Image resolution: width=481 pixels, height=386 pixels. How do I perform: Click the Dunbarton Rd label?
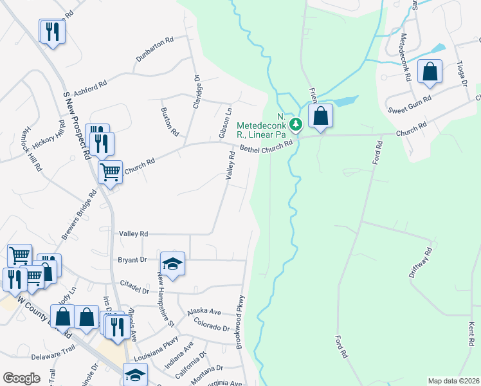pos(155,50)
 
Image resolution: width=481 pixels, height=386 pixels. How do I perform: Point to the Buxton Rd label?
pos(170,122)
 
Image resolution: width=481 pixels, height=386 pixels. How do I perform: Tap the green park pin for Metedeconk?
pos(295,124)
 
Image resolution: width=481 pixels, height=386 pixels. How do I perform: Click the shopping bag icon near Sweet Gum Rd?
pos(430,73)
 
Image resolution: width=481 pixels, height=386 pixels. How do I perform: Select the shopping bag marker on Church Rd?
pos(320,117)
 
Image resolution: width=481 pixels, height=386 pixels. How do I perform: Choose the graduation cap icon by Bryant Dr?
pos(172,264)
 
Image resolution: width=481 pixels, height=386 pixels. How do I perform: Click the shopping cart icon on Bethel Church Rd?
pos(110,172)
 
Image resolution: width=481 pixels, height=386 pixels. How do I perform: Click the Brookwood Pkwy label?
pos(240,322)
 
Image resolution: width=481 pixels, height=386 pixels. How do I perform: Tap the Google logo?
pos(21,378)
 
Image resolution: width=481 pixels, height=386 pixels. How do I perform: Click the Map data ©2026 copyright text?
pos(453,381)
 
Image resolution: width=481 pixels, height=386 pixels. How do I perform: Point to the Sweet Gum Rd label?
pos(410,106)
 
